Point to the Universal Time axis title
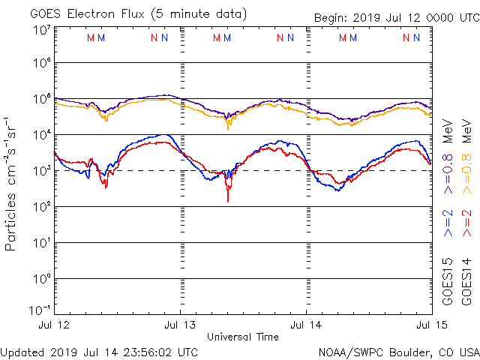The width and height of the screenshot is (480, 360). (x=242, y=337)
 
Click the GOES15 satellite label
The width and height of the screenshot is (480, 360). (x=448, y=280)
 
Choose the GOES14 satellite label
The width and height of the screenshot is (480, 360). (x=467, y=280)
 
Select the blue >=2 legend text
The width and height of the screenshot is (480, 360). (x=448, y=223)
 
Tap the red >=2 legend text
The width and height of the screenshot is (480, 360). (x=467, y=223)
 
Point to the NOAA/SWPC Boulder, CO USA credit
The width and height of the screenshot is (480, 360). (x=398, y=352)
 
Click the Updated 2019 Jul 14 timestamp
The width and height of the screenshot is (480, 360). (x=100, y=352)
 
